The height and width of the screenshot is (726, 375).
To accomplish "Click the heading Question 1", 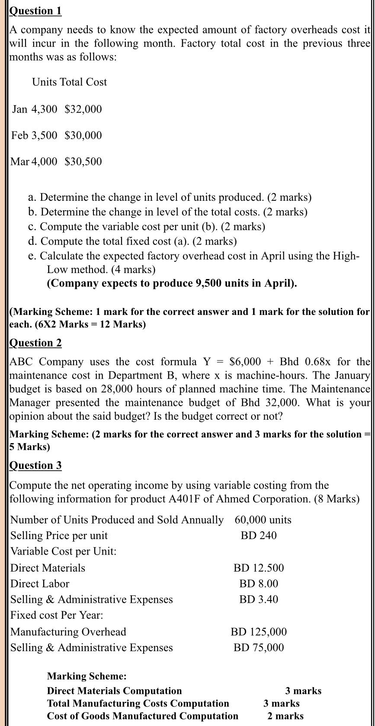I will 35,11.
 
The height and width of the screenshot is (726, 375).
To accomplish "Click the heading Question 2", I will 35,343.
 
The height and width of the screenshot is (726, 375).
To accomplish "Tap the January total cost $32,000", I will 83,109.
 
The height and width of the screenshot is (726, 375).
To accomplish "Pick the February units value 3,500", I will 44,135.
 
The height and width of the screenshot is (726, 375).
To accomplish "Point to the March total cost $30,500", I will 83,162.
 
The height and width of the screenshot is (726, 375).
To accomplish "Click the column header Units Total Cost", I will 69,82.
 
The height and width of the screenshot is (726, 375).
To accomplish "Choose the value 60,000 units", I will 263,520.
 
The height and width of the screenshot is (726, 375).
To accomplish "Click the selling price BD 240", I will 259,536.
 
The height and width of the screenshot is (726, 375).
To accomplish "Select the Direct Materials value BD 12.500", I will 259,568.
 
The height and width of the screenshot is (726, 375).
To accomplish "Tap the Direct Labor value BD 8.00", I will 259,584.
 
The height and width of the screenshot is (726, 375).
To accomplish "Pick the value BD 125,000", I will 259,632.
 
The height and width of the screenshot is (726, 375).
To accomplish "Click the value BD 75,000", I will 259,648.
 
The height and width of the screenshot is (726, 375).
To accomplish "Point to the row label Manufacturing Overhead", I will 68,632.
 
